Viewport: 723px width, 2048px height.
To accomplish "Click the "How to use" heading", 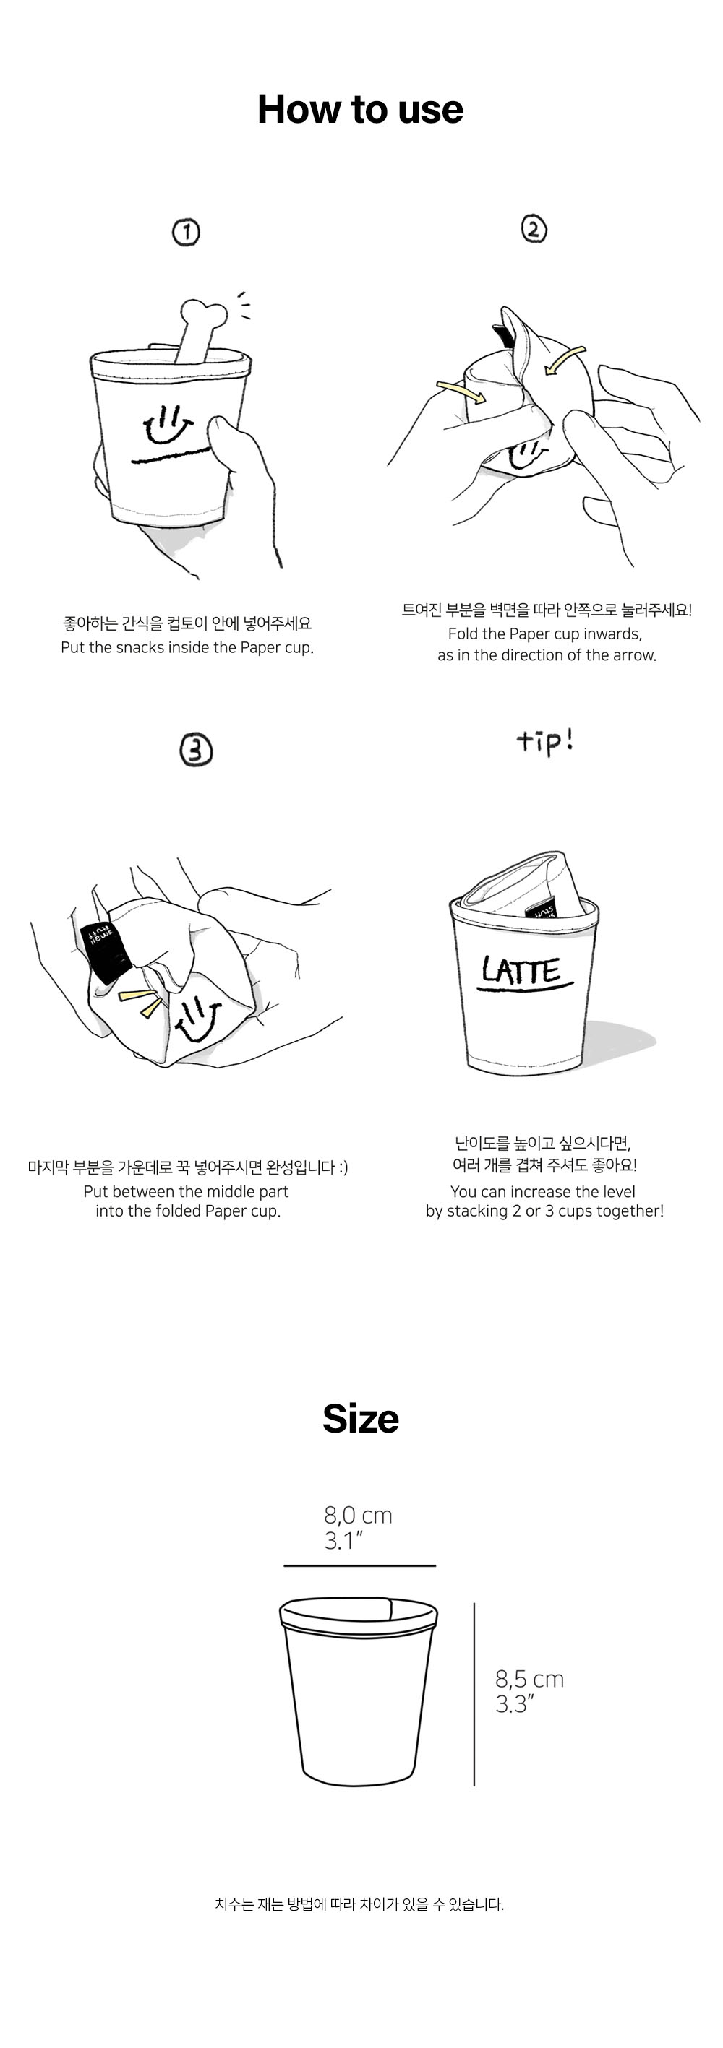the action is [x=360, y=109].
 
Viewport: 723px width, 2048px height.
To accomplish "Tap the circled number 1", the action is [x=186, y=232].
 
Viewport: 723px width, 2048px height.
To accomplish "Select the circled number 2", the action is [x=534, y=229].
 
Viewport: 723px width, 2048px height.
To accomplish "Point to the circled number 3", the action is [x=196, y=750].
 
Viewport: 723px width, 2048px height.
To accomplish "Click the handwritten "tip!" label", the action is [x=545, y=742].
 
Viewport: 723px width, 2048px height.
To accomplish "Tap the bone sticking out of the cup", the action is [x=200, y=330].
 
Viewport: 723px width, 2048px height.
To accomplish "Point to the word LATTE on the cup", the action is [x=521, y=971].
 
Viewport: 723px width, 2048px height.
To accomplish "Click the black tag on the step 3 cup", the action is [x=106, y=951].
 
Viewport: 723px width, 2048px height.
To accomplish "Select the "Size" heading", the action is [x=360, y=1418].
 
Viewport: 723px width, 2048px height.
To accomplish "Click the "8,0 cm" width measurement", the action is [x=358, y=1515].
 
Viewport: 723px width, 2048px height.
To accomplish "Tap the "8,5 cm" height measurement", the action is [x=530, y=1678].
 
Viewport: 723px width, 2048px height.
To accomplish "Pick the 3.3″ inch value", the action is [x=515, y=1703].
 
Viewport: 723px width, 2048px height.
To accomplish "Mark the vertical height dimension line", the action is [x=474, y=1694].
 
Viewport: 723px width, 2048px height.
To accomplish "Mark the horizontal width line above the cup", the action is [x=359, y=1565].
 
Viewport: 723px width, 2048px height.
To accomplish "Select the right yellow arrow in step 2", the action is [x=564, y=358].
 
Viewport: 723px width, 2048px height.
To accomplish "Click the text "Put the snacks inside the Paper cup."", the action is [x=187, y=647].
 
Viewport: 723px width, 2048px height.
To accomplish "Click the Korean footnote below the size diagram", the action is [x=359, y=1904].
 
